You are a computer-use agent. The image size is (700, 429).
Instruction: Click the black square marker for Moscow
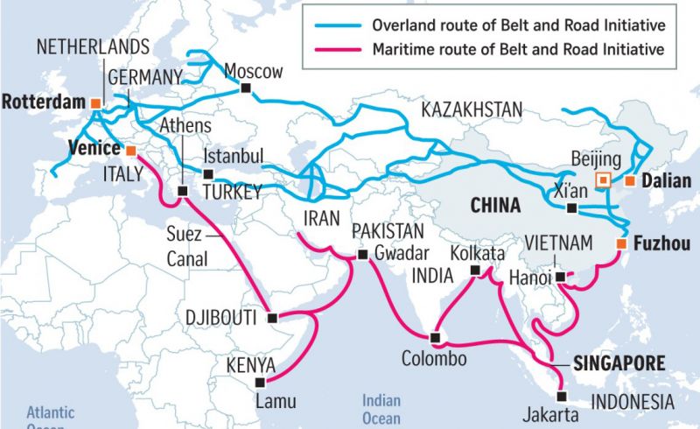click(246, 88)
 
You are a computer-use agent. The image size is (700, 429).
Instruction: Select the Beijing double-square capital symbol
click(601, 180)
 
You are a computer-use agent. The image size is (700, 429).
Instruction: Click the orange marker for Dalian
click(629, 181)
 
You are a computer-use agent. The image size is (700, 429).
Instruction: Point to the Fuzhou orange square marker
click(620, 243)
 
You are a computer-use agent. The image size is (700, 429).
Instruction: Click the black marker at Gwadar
click(362, 255)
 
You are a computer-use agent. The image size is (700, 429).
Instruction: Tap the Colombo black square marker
click(435, 337)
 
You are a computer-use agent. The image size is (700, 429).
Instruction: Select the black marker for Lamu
click(259, 382)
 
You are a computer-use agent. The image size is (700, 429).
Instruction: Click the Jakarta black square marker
click(561, 395)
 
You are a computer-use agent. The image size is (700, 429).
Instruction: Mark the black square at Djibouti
click(272, 317)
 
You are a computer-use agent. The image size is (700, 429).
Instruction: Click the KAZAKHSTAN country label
click(472, 109)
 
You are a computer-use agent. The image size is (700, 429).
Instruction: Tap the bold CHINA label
click(496, 206)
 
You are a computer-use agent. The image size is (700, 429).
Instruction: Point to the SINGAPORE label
click(619, 362)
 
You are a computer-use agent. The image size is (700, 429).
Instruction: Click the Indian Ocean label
click(382, 409)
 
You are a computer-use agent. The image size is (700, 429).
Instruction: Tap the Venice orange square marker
click(130, 149)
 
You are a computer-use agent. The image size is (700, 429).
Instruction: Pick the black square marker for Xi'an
click(571, 208)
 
